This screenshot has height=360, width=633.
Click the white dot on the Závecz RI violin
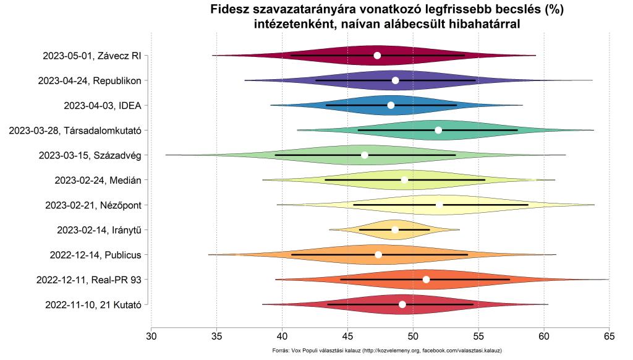[378, 56]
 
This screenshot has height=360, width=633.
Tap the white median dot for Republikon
[396, 80]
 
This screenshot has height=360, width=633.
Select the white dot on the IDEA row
[391, 105]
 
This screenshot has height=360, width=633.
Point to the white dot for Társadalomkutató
[438, 130]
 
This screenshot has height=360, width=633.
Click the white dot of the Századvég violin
[365, 155]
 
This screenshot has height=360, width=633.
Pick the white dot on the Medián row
[404, 180]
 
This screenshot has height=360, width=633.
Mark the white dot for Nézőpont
[439, 205]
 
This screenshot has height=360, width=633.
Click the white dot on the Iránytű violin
[395, 229]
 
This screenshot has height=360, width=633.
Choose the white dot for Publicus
[378, 254]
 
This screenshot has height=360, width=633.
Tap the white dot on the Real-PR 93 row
[426, 280]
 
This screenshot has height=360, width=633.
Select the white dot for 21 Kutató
[402, 304]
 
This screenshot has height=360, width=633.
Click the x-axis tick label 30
[151, 337]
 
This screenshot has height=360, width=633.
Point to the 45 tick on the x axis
[347, 337]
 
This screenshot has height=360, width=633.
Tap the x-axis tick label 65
[610, 337]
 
